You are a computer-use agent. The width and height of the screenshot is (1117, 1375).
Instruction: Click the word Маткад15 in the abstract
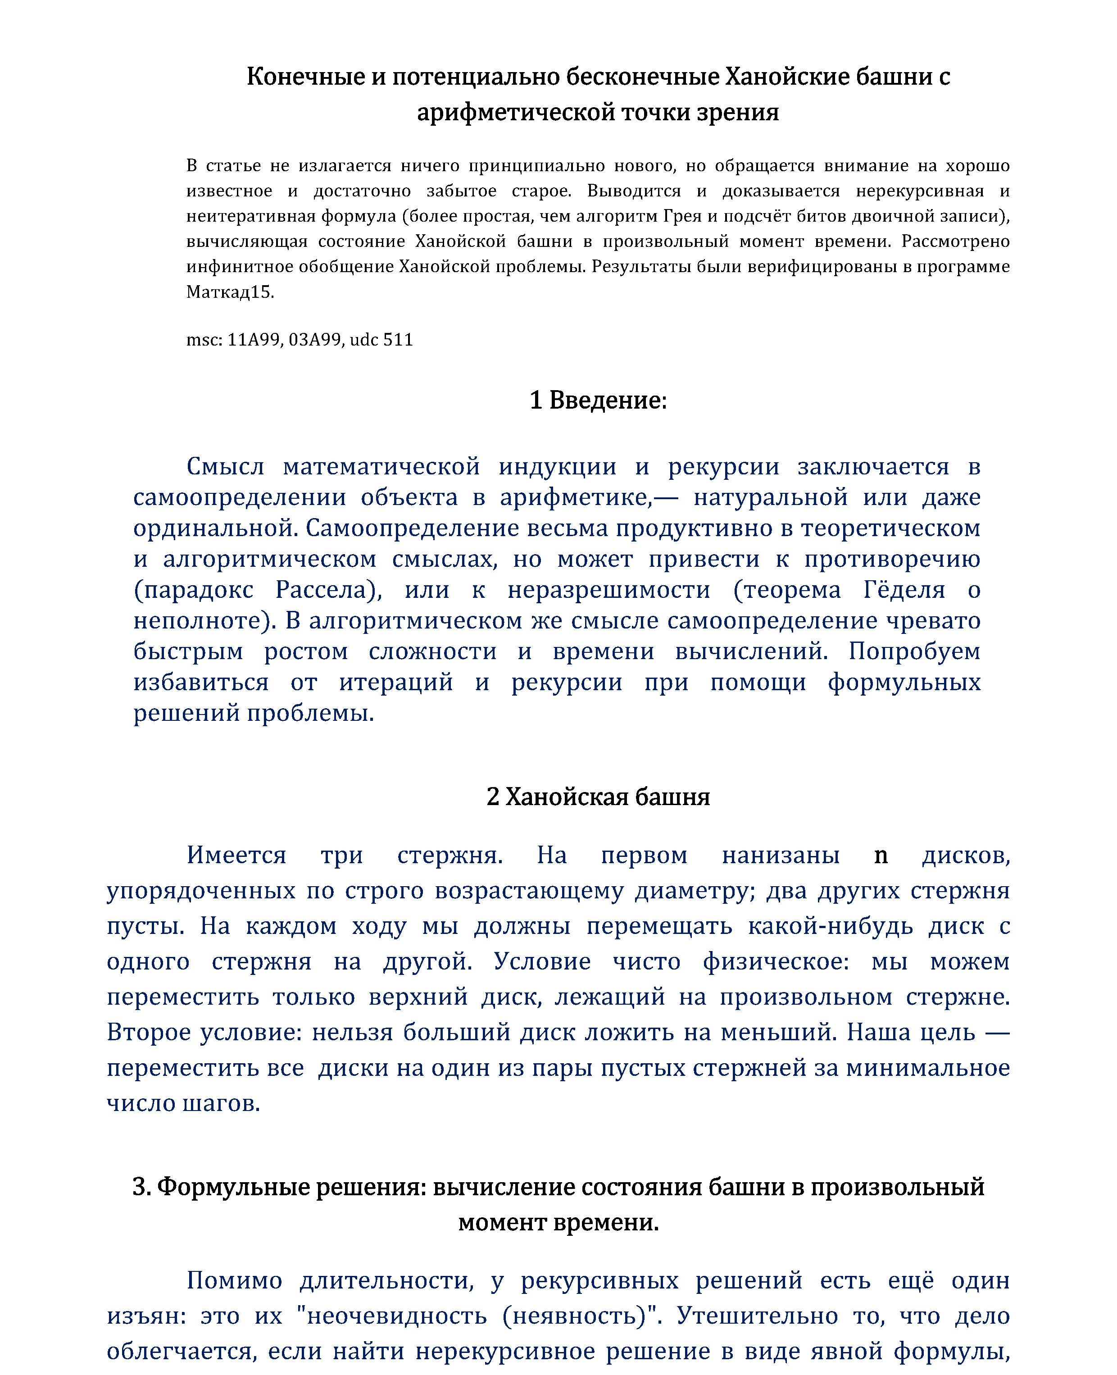click(230, 292)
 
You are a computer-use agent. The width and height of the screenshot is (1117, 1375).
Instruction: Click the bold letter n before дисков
click(881, 855)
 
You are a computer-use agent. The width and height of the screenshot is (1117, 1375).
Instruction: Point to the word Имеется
click(236, 855)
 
